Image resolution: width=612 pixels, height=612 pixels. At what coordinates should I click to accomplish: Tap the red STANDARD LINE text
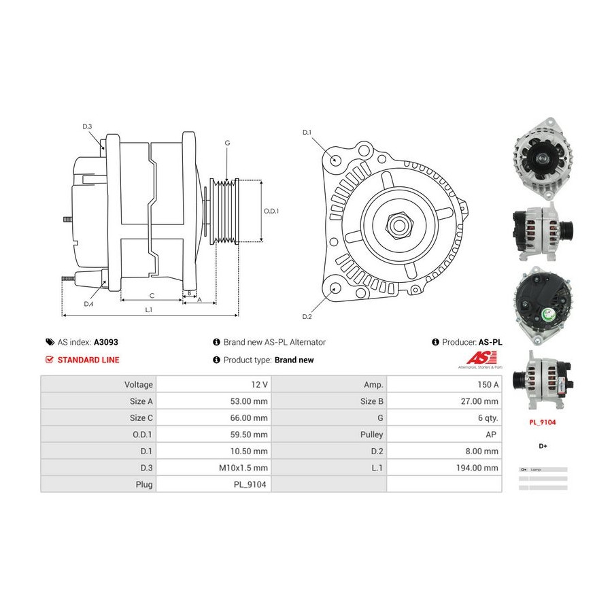pos(88,360)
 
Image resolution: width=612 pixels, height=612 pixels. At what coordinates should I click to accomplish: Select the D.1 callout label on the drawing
pos(307,132)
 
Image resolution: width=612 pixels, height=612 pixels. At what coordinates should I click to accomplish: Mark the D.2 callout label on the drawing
pos(307,317)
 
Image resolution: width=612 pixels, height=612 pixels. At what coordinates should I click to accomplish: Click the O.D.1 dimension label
pos(271,211)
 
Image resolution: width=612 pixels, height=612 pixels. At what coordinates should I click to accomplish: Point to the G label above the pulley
pos(227,143)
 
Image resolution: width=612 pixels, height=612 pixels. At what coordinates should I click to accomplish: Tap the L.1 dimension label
pos(149,309)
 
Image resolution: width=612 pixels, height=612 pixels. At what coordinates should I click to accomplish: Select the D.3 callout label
pos(87,126)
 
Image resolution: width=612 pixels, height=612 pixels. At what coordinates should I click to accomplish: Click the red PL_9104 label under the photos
pos(543,422)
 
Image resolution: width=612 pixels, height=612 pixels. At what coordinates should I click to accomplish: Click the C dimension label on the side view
pos(152,295)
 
